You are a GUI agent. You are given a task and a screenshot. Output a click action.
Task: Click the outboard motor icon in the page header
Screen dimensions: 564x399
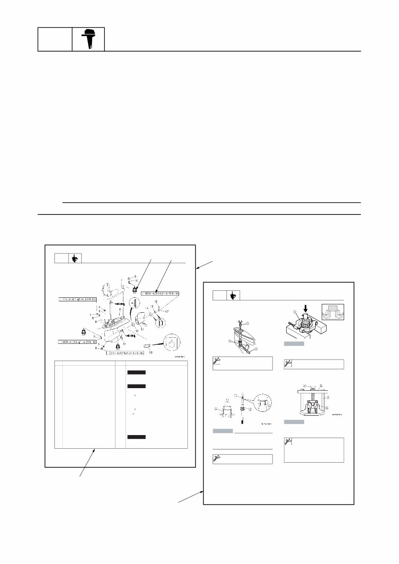(x=88, y=39)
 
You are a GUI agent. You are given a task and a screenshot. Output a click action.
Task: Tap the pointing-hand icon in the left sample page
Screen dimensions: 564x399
(x=75, y=259)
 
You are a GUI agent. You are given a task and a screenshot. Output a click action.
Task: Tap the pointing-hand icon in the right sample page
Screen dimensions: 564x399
(x=233, y=296)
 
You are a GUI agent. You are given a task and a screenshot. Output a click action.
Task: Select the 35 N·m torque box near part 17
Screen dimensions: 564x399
(x=161, y=293)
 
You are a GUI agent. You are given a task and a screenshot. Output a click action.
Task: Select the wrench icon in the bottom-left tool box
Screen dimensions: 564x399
(x=216, y=459)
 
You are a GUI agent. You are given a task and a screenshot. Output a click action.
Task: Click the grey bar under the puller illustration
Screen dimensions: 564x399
(x=292, y=422)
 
